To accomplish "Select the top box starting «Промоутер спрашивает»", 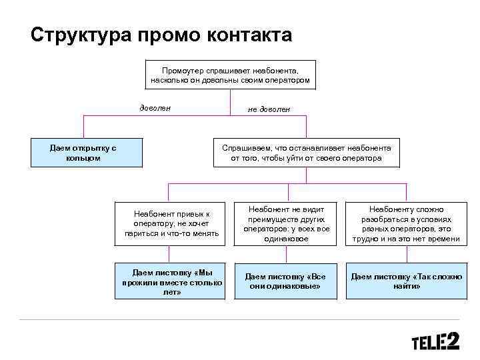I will pyautogui.click(x=230, y=75).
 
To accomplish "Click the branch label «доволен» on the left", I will pyautogui.click(x=155, y=107).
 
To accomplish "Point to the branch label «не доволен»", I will pyautogui.click(x=269, y=109).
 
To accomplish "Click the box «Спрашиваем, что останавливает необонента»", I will pyautogui.click(x=306, y=153).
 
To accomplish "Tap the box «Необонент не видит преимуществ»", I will pyautogui.click(x=286, y=223).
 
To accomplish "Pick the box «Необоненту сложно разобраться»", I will pyautogui.click(x=406, y=223).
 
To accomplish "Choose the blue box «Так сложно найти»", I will pyautogui.click(x=406, y=281).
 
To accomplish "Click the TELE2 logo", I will pyautogui.click(x=435, y=342).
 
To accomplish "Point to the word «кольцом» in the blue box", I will pyautogui.click(x=84, y=158).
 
